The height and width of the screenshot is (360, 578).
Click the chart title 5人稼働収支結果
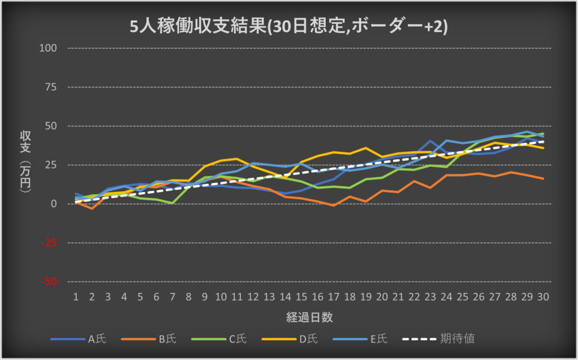(288, 27)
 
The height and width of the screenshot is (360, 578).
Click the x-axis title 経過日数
(309, 318)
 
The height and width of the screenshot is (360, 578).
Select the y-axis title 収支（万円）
(25, 164)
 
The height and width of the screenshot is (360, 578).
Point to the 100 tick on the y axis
(49, 48)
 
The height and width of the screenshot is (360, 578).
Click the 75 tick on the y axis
(51, 87)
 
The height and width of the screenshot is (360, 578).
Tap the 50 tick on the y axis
(51, 126)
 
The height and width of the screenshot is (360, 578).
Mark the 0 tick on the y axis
(54, 204)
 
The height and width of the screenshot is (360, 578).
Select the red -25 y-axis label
(50, 243)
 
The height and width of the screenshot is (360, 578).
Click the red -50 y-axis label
(50, 281)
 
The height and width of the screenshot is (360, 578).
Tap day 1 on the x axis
(75, 296)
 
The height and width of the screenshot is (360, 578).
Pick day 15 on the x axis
(301, 296)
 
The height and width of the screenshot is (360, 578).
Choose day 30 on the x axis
(543, 296)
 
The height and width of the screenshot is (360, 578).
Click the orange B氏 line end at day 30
(543, 179)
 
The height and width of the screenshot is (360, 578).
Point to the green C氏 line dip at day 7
(172, 203)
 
